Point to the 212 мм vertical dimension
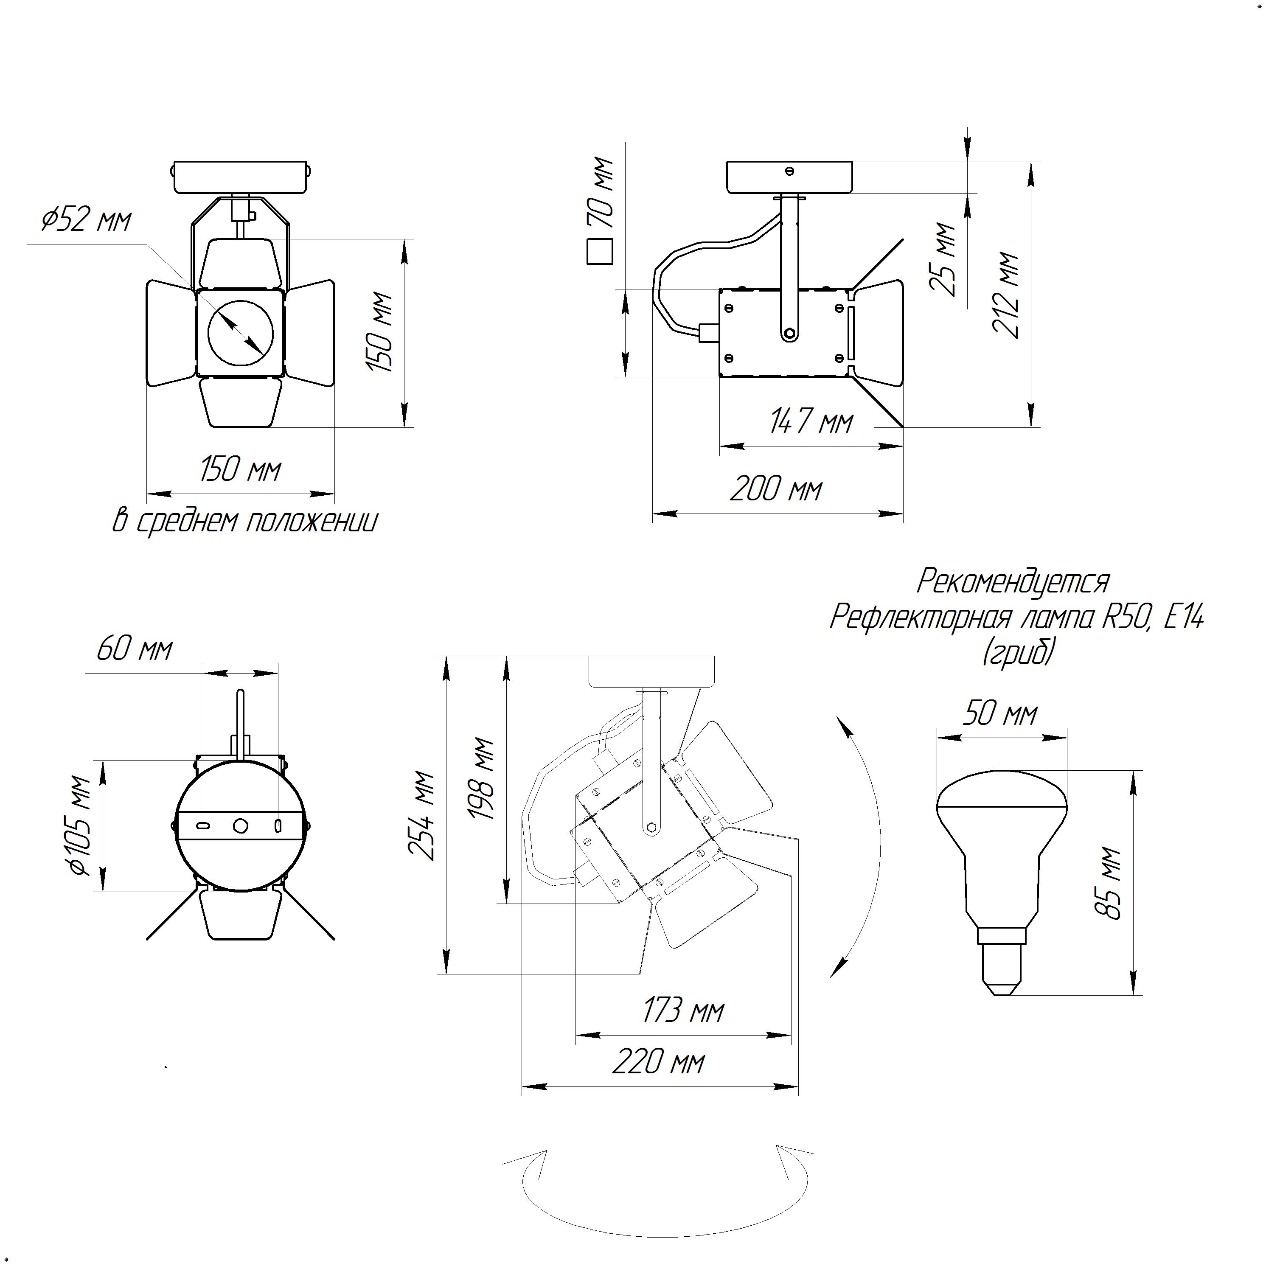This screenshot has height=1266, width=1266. [1006, 295]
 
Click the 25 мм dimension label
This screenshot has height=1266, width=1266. [943, 259]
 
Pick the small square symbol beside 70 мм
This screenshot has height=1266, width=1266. [600, 252]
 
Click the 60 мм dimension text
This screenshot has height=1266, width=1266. [135, 649]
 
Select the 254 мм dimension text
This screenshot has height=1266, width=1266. [421, 816]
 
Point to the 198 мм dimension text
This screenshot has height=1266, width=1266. [480, 779]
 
